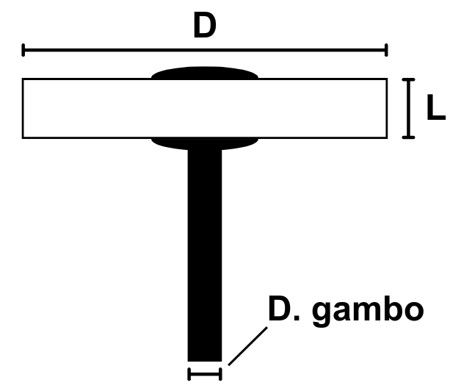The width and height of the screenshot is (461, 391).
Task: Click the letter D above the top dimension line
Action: pyautogui.click(x=204, y=26)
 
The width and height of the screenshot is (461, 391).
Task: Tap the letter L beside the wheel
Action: pyautogui.click(x=435, y=109)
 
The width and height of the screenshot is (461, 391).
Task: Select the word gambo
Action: pyautogui.click(x=369, y=309)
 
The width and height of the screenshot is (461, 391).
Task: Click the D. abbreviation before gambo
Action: pyautogui.click(x=287, y=309)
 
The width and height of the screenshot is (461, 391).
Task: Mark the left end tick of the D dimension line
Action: pyautogui.click(x=23, y=50)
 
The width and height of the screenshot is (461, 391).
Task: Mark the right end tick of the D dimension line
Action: pyautogui.click(x=385, y=50)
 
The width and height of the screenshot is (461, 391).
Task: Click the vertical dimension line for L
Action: pyautogui.click(x=409, y=108)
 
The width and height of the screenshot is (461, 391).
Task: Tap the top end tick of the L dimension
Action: pyautogui.click(x=409, y=79)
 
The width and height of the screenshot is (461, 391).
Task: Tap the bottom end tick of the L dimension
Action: pyautogui.click(x=409, y=137)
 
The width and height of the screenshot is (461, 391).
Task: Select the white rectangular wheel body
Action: pyautogui.click(x=88, y=108)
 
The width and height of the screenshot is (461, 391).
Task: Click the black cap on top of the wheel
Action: pyautogui.click(x=204, y=73)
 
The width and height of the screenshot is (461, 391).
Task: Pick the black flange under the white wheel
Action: pyautogui.click(x=204, y=143)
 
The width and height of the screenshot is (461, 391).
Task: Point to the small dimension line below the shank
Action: pyautogui.click(x=204, y=374)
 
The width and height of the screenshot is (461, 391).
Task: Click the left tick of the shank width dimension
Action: pyautogui.click(x=189, y=374)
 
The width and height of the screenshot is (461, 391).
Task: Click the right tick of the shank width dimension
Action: pyautogui.click(x=219, y=374)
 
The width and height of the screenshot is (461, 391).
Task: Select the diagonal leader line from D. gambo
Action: pyautogui.click(x=247, y=345)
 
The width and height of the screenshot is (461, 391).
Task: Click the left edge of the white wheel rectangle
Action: pyautogui.click(x=23, y=108)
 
